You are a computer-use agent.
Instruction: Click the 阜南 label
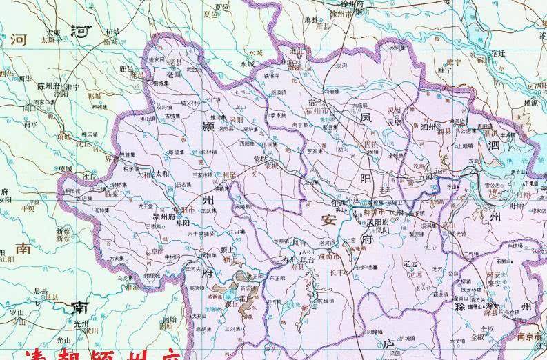pyautogui.click(x=158, y=252)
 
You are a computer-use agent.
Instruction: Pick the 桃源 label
pyautogui.click(x=531, y=101)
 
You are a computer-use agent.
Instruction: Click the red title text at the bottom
pyautogui.click(x=103, y=353)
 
